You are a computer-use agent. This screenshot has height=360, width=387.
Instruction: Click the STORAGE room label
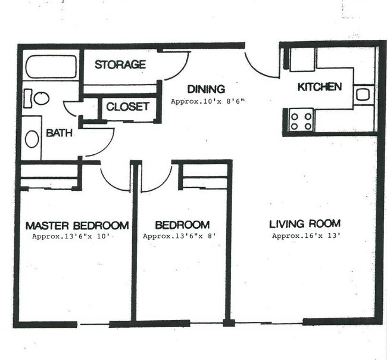(x=120, y=64)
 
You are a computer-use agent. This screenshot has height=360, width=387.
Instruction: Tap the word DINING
(x=206, y=89)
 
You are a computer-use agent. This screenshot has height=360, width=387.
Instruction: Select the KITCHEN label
(x=320, y=87)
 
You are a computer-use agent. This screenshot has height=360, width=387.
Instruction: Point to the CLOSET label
(x=127, y=107)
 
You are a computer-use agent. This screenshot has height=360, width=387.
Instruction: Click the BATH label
(x=59, y=133)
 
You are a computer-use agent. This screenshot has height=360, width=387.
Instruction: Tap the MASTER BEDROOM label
(x=77, y=225)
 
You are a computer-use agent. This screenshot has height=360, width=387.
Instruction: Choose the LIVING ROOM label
(x=305, y=224)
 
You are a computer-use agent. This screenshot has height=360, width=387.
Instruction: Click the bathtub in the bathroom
(x=51, y=67)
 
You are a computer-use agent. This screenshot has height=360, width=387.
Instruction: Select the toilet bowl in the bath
(x=42, y=98)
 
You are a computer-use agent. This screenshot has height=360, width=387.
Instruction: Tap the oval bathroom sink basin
(x=32, y=139)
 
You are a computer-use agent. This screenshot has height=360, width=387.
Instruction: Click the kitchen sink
(x=363, y=95)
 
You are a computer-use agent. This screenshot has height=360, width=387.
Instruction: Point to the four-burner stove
(x=301, y=122)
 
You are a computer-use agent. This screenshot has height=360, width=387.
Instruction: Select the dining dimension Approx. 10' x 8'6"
(x=208, y=101)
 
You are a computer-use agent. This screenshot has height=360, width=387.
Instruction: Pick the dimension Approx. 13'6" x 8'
(x=179, y=236)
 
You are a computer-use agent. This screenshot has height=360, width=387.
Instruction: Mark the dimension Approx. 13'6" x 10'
(x=71, y=237)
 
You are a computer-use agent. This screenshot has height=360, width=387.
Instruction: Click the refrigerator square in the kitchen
(x=302, y=60)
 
